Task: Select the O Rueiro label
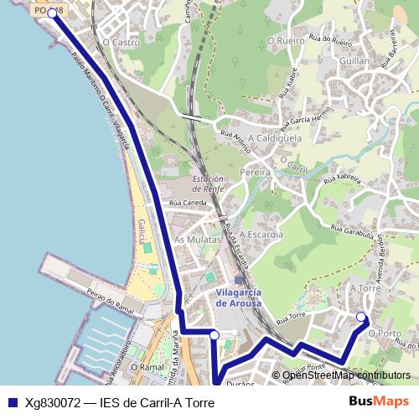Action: pos(286,39)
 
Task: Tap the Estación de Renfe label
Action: pos(208,184)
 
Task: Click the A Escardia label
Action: pos(262,235)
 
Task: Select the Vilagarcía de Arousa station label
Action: pos(239,297)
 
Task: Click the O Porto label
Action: pos(385,333)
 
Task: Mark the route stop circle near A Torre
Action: pos(361,317)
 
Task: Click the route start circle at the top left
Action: pos(52,13)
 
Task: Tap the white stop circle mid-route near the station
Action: pos(215,334)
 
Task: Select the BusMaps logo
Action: pos(379,402)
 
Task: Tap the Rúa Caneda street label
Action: pos(188,203)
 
